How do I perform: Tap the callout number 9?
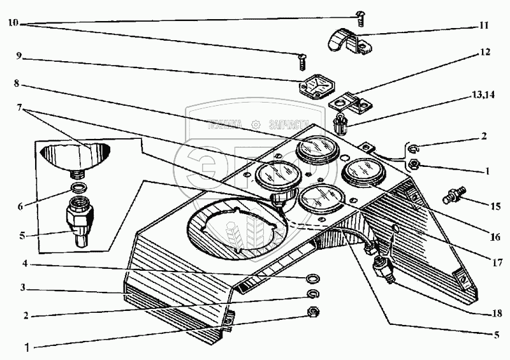(x=19, y=56)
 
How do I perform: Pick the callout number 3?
(x=22, y=287)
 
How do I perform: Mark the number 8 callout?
(x=19, y=82)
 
